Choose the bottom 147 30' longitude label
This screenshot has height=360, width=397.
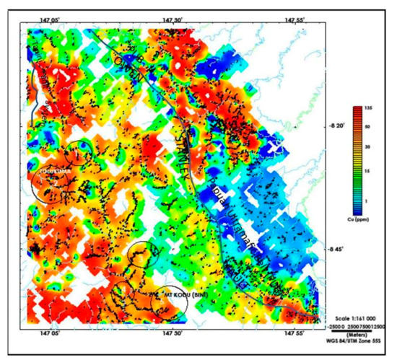pos(173,335)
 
